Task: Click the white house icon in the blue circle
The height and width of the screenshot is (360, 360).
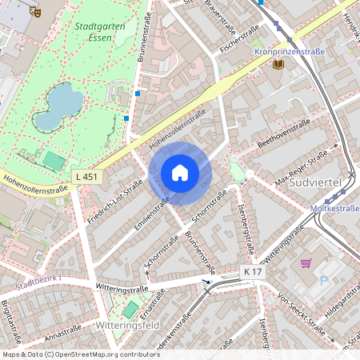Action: pyautogui.click(x=180, y=172)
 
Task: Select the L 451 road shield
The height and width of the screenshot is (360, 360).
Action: pyautogui.click(x=90, y=175)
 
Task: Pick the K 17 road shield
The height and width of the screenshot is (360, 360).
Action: pyautogui.click(x=254, y=274)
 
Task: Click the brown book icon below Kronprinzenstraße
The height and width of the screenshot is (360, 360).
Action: pyautogui.click(x=278, y=64)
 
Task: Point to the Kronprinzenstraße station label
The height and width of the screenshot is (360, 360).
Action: pyautogui.click(x=289, y=51)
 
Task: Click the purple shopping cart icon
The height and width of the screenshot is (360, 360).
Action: pyautogui.click(x=305, y=263)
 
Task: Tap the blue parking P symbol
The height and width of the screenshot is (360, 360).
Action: pyautogui.click(x=324, y=281)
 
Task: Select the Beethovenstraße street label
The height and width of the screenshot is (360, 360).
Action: pyautogui.click(x=284, y=135)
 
